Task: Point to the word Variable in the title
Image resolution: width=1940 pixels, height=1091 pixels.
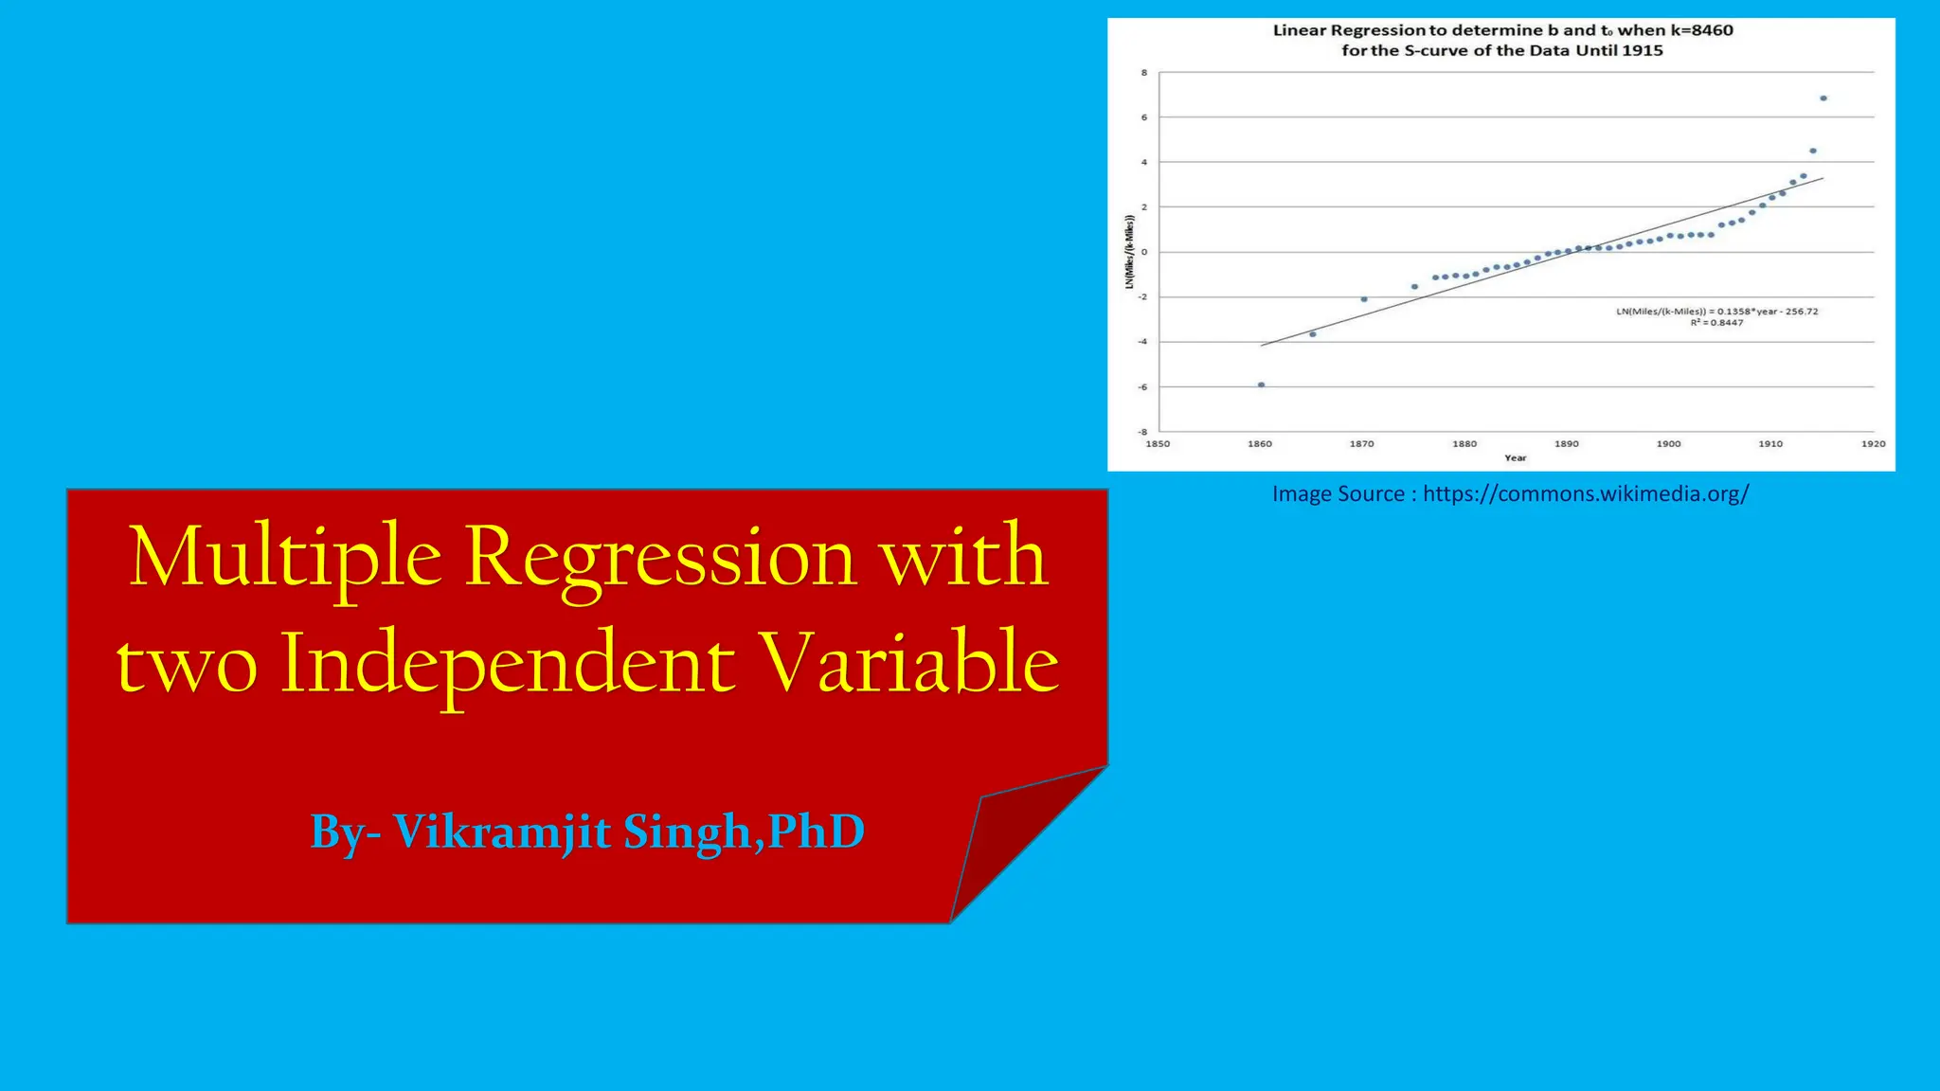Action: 910,663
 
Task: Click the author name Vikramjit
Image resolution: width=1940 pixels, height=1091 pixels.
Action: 501,832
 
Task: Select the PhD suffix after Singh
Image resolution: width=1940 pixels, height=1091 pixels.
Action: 816,832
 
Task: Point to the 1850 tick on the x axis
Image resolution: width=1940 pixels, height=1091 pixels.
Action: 1158,443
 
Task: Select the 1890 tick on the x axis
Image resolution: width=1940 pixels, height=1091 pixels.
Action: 1567,443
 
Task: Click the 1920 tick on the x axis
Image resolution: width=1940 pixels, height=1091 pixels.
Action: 1873,443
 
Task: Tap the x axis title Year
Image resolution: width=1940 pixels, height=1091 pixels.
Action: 1515,458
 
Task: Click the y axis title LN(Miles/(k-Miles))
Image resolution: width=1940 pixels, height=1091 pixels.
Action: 1129,252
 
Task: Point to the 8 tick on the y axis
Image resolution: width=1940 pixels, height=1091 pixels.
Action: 1144,73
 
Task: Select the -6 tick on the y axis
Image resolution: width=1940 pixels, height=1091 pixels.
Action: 1142,387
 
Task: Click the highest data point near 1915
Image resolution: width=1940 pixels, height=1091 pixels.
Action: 1823,98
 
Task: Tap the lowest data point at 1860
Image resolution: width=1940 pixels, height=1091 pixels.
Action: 1261,385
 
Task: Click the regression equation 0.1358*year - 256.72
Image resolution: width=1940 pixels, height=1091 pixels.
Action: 1716,312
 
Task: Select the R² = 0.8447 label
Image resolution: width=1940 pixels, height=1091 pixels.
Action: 1716,323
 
